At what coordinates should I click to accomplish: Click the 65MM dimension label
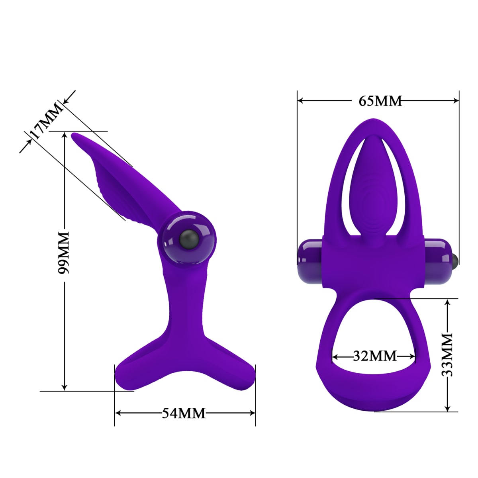point(380,101)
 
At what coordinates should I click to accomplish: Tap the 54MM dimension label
point(184,413)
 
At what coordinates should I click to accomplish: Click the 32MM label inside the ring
point(374,355)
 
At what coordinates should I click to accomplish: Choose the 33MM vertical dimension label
point(448,355)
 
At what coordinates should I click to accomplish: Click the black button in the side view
point(188,238)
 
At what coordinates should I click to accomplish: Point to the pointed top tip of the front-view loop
point(374,119)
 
